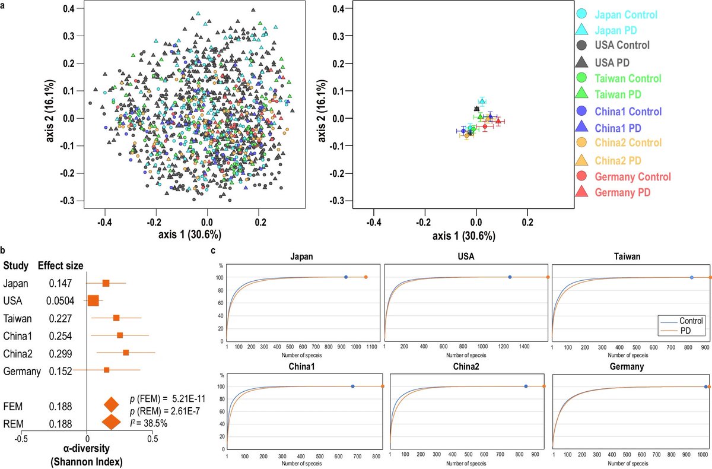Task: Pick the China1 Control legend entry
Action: coord(627,111)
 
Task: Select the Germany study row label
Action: coord(21,372)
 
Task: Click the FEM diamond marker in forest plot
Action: coord(111,405)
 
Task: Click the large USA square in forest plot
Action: coord(93,301)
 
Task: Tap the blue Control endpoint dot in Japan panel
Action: coord(346,277)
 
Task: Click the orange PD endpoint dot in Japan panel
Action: coord(365,277)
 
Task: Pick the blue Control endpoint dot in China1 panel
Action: coord(353,386)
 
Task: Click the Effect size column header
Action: coord(60,265)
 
